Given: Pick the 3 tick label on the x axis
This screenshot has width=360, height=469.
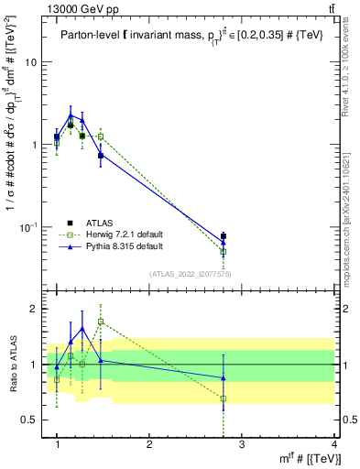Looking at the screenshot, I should tap(242, 444).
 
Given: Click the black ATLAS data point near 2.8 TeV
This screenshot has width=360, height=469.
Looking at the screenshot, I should tap(224, 236).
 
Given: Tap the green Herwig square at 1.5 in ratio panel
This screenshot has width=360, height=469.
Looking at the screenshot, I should tap(101, 322).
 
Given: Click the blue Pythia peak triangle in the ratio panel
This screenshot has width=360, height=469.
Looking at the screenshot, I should tap(82, 328).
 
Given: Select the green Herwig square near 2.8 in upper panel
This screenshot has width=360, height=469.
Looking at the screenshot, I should tap(224, 251).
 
